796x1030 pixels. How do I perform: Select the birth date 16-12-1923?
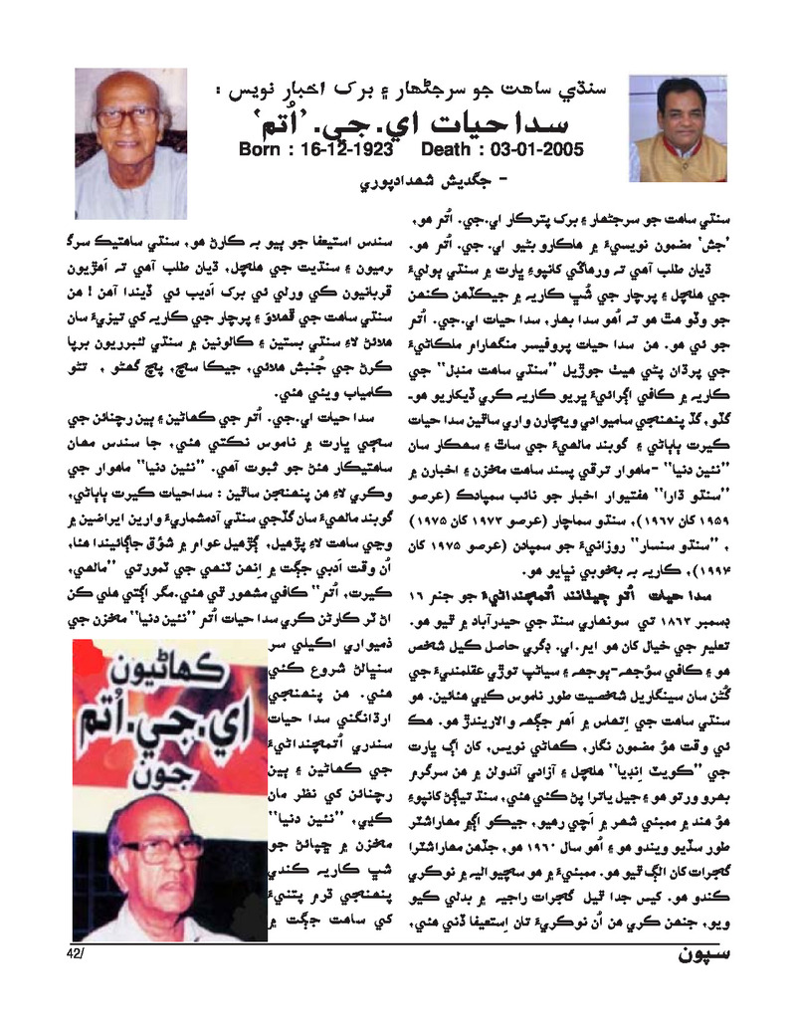[x=340, y=150]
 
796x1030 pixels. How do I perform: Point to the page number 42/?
[x=79, y=953]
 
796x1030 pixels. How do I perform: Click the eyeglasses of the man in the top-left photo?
[x=127, y=116]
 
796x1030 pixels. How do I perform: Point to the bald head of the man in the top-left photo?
[x=127, y=87]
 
